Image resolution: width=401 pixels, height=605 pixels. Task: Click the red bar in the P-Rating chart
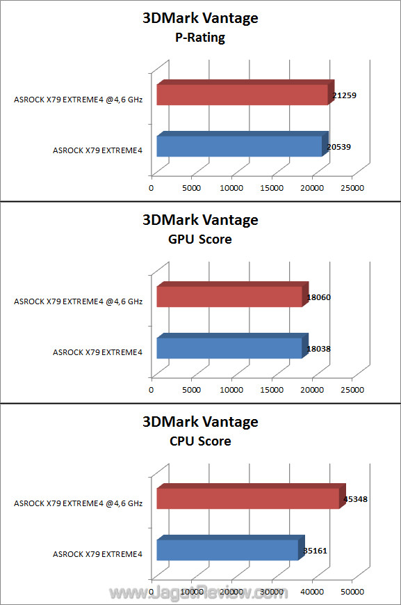(x=245, y=93)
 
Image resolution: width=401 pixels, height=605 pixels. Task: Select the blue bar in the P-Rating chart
(x=243, y=144)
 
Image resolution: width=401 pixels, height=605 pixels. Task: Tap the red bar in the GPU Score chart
(x=233, y=294)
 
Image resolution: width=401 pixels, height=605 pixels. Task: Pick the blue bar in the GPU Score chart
(x=233, y=346)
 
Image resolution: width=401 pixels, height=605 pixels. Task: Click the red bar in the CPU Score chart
(x=251, y=496)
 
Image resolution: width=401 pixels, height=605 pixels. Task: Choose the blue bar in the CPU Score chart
(x=231, y=548)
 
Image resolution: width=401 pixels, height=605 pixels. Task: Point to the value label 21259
(x=345, y=95)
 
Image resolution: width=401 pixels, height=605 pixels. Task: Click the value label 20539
(x=339, y=147)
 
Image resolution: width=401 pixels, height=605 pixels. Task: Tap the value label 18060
(x=319, y=297)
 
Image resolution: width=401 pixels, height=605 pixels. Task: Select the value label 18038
(x=319, y=349)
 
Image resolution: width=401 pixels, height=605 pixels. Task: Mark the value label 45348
(x=356, y=499)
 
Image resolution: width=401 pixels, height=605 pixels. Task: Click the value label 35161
(x=315, y=551)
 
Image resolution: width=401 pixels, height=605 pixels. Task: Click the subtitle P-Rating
(x=200, y=38)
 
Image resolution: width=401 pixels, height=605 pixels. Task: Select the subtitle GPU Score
(x=200, y=239)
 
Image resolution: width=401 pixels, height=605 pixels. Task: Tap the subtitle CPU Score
(x=200, y=441)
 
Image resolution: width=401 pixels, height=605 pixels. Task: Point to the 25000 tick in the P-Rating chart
(x=352, y=188)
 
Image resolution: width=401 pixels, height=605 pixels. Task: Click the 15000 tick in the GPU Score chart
(x=272, y=390)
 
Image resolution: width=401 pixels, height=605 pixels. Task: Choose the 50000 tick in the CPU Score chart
(x=352, y=592)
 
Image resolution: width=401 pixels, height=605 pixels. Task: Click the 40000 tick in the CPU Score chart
(x=312, y=592)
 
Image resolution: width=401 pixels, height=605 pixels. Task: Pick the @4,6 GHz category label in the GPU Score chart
(x=124, y=301)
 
